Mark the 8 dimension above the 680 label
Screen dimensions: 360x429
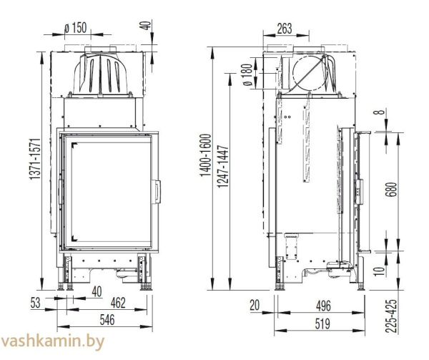(390, 112)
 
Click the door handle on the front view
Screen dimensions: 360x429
(158, 192)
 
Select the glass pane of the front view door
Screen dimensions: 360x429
(107, 190)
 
